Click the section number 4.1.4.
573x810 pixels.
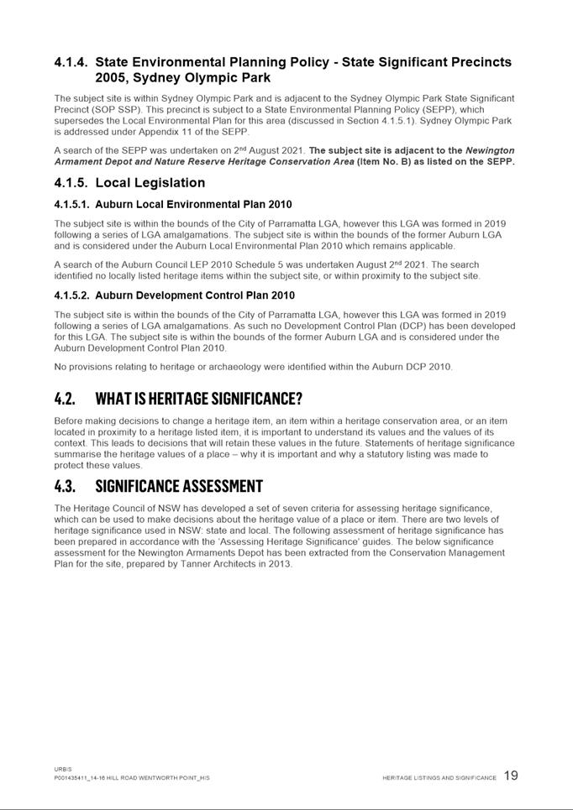coord(71,62)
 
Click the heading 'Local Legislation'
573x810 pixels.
coord(150,183)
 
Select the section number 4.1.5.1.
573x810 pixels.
coord(71,205)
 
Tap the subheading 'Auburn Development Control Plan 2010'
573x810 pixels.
coord(194,295)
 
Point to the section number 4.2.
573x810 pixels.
coord(65,398)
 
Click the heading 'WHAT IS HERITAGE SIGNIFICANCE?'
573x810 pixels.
coord(198,398)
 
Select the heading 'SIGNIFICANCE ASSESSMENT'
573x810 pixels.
coord(179,487)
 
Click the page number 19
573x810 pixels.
coord(511,776)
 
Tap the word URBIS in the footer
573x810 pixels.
coord(62,769)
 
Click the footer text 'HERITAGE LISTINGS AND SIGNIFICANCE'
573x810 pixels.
coord(439,778)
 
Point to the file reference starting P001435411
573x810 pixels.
coord(132,778)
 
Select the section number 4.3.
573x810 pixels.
coord(65,487)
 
